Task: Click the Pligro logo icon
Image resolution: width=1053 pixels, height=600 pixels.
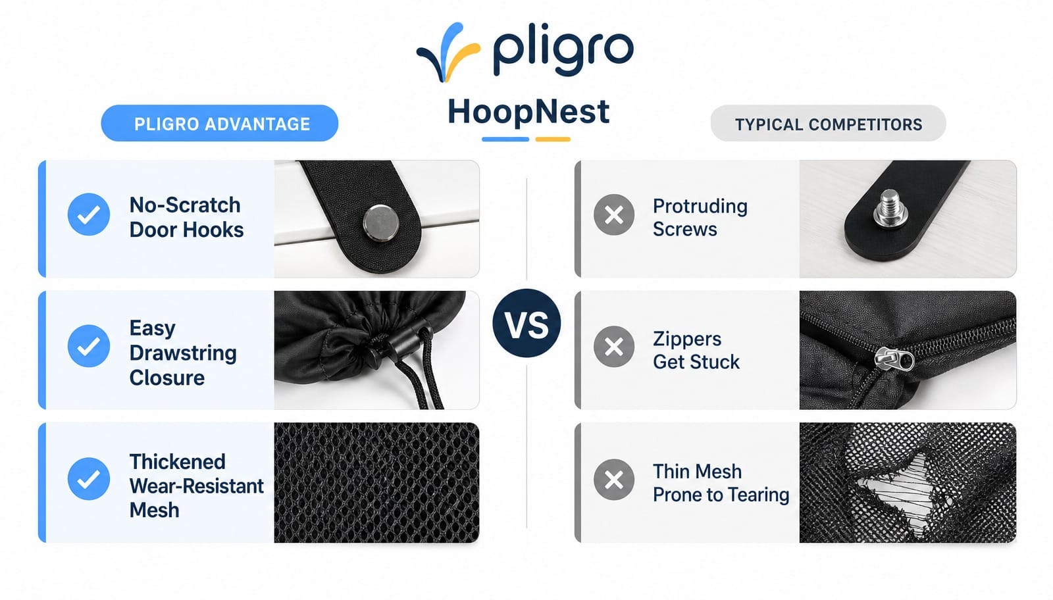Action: (x=448, y=53)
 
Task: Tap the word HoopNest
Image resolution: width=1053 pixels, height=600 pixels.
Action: (x=528, y=113)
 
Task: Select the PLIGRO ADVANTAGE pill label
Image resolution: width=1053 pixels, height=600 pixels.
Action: (x=220, y=124)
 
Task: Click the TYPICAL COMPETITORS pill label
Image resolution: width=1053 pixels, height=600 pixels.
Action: (x=828, y=124)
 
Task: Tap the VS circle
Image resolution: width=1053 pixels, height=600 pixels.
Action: (x=526, y=323)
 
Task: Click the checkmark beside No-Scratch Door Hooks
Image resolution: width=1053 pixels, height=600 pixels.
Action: (x=89, y=214)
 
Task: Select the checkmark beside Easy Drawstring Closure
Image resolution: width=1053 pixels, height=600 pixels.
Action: (x=89, y=346)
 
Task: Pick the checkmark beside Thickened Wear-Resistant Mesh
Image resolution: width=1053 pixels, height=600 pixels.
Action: (x=89, y=479)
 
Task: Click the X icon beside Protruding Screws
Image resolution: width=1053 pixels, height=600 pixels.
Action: (x=614, y=214)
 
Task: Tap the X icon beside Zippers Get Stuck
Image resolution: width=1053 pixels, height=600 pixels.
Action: (x=614, y=347)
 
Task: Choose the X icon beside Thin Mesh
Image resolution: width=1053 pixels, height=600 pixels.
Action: (x=614, y=480)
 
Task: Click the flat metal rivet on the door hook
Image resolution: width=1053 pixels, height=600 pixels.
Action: (x=381, y=223)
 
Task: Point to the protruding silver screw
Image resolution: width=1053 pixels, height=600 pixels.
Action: (x=890, y=208)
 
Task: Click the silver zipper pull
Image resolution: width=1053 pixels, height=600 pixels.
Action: (x=894, y=359)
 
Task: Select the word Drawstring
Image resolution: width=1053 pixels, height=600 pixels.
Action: (x=183, y=353)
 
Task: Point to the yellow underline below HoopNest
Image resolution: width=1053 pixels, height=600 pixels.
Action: (x=553, y=139)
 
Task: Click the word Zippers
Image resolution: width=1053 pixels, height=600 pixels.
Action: (x=687, y=339)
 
